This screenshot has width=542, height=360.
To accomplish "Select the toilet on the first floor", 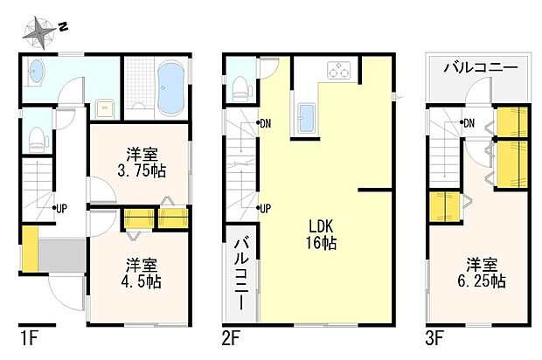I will coord(37,137).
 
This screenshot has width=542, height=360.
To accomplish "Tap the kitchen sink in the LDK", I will coord(306,118).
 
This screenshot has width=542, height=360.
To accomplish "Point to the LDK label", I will coord(322,225).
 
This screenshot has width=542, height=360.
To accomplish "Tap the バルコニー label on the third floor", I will coord(481,67).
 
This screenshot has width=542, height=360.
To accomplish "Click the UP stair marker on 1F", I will coord(59,208).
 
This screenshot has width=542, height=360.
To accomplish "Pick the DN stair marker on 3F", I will coord(468,122).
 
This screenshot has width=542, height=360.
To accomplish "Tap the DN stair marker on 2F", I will coord(264,123).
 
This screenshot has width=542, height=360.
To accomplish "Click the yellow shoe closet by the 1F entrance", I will coord(30,248).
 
